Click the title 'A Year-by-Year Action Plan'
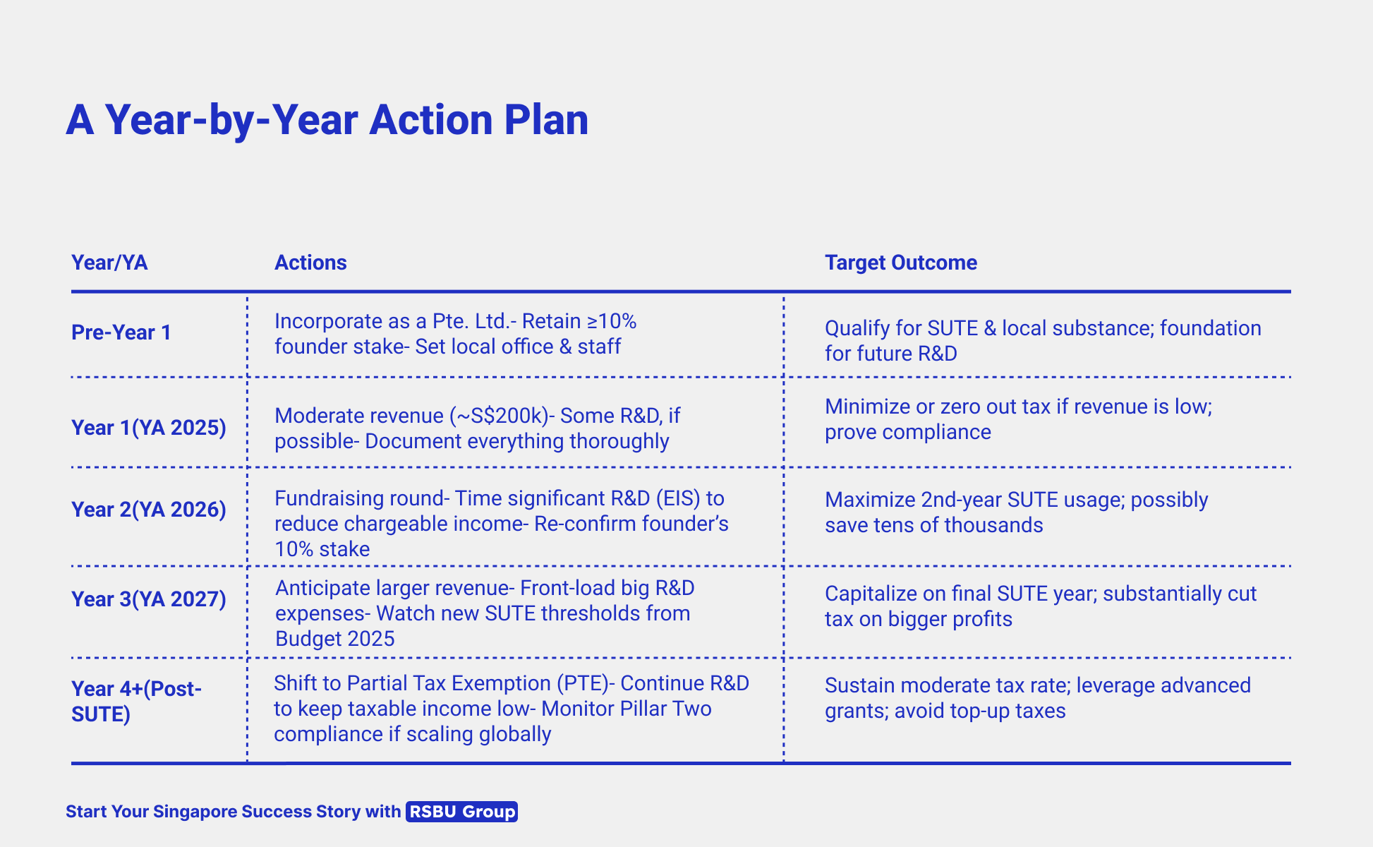pos(327,120)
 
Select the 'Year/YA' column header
pos(109,263)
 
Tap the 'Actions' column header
pos(310,263)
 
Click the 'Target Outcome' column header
pos(901,263)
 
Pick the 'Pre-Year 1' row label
pos(121,332)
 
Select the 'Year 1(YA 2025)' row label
pos(149,428)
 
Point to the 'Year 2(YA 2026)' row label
pos(149,510)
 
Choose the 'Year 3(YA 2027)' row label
pos(149,599)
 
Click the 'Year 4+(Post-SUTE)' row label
pos(137,702)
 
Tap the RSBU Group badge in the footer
pos(462,812)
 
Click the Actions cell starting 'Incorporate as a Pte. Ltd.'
pos(456,334)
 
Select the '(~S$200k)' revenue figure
pos(499,416)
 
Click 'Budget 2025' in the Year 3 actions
pos(335,639)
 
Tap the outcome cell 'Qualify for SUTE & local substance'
pos(1043,341)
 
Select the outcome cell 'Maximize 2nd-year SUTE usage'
pos(1017,512)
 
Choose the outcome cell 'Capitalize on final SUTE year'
pos(1041,606)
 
